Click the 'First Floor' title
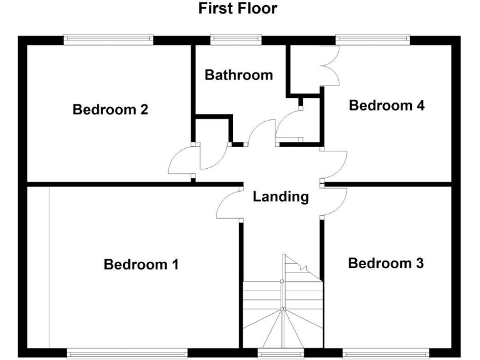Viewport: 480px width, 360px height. point(237,9)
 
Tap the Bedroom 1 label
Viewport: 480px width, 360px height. point(141,264)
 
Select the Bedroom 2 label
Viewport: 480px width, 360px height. point(111,110)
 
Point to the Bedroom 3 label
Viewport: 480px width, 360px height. point(386,263)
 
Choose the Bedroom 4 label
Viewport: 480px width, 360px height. point(387,105)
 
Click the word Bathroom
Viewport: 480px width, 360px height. point(239,75)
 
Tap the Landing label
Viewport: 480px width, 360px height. point(281,197)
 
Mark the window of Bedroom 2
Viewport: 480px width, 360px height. point(109,40)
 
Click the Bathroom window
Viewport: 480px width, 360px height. point(231,40)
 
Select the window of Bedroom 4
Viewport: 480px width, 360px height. point(373,40)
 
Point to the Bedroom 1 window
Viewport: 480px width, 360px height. point(127,353)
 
